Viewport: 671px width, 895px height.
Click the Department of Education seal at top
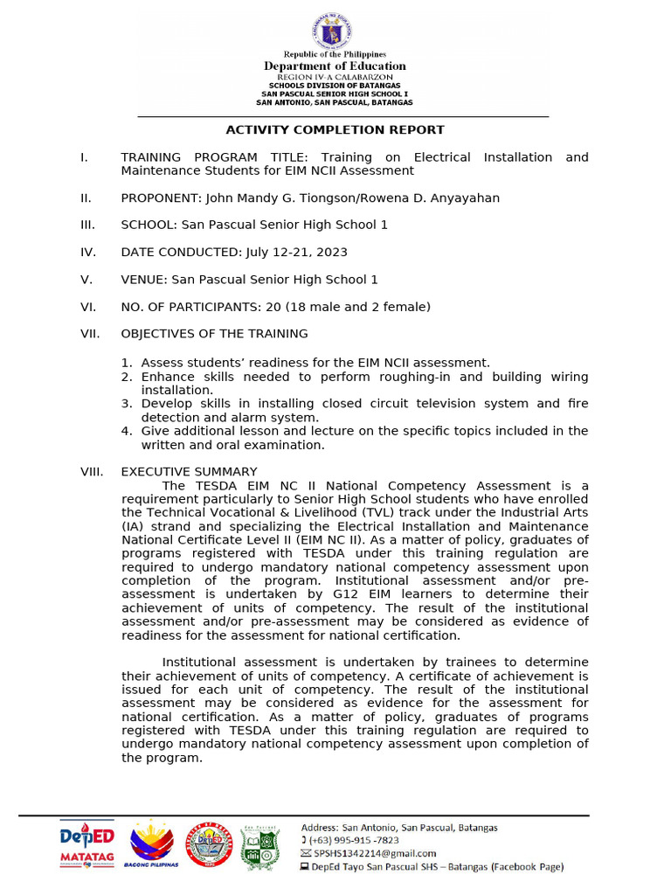point(335,31)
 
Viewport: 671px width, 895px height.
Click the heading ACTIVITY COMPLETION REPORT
point(335,130)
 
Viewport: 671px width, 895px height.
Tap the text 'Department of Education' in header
point(335,66)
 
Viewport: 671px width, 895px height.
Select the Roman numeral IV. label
point(87,252)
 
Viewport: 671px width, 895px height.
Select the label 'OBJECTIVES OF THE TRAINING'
point(214,334)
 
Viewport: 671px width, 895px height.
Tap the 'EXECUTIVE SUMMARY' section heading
point(189,472)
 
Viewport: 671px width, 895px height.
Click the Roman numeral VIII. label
point(92,472)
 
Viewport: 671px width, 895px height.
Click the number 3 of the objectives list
point(126,404)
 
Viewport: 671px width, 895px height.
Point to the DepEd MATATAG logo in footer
point(87,844)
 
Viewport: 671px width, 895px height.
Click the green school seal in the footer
point(259,845)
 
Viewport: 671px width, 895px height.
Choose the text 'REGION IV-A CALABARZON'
point(335,77)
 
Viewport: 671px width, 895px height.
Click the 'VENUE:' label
point(144,280)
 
